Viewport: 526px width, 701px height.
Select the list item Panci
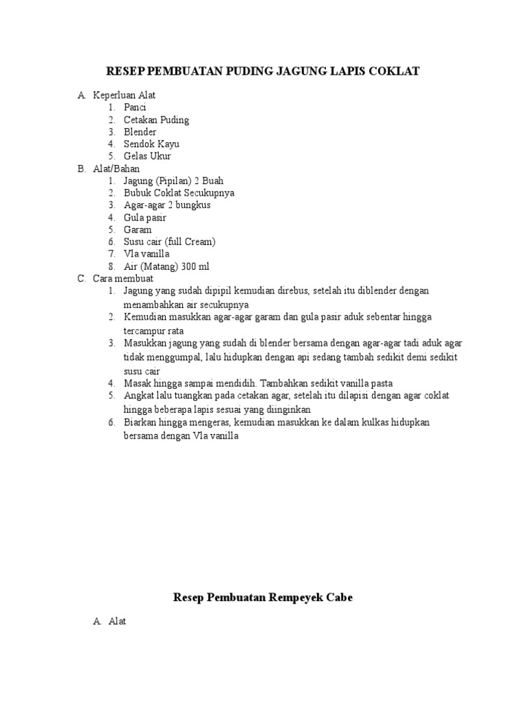(x=135, y=107)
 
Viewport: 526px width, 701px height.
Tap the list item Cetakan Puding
(x=156, y=120)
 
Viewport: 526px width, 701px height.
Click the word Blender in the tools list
(x=140, y=132)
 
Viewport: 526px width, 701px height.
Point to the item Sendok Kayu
(x=151, y=144)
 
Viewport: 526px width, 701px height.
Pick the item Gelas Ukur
(x=147, y=157)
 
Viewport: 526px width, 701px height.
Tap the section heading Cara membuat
(x=123, y=279)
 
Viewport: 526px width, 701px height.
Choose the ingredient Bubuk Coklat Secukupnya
(x=179, y=193)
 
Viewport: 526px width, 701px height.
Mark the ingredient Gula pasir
(x=145, y=218)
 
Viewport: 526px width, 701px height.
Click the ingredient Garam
(x=138, y=230)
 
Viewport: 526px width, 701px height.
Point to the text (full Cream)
(x=191, y=242)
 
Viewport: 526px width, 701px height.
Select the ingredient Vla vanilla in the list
(x=146, y=254)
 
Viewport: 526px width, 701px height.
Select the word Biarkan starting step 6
(x=140, y=422)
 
